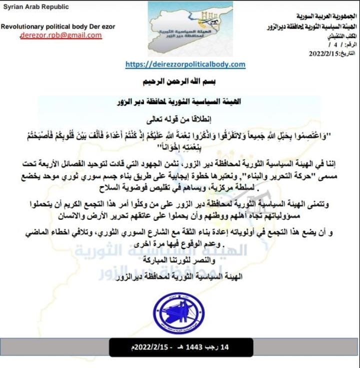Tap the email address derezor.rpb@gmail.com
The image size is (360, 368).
[x=60, y=36]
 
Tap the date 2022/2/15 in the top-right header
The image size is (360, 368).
[x=324, y=52]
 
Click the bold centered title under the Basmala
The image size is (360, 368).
[x=181, y=102]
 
